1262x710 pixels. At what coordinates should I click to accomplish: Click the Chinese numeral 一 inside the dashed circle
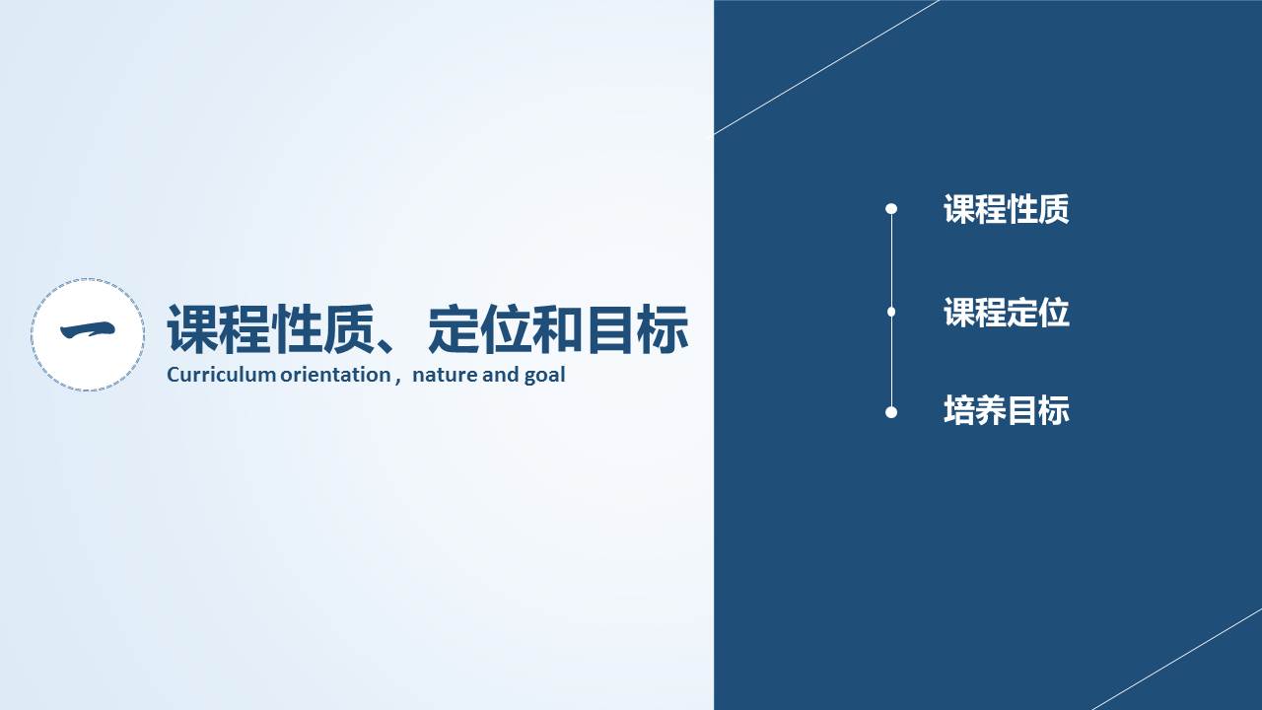coord(88,330)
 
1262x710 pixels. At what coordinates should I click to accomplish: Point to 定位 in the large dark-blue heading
coord(479,329)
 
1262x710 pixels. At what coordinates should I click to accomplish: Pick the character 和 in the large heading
coord(557,329)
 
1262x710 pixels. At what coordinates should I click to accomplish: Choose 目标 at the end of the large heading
coord(637,329)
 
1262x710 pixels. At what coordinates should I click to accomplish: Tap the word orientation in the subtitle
coord(336,375)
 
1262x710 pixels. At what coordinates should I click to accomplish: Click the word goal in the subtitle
coord(544,376)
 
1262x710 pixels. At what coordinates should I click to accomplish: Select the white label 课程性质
coord(1007,209)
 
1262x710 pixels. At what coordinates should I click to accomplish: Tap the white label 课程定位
coord(1007,313)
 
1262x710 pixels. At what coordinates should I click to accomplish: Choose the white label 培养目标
coord(1007,410)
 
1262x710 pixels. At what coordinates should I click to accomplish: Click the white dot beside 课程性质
coord(891,209)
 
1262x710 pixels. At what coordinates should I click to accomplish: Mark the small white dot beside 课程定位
coord(891,312)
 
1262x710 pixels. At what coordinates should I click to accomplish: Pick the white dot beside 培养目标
coord(891,412)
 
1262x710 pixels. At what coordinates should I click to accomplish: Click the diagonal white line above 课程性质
coord(826,67)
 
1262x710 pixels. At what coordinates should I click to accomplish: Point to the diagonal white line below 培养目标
coord(1176,660)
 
